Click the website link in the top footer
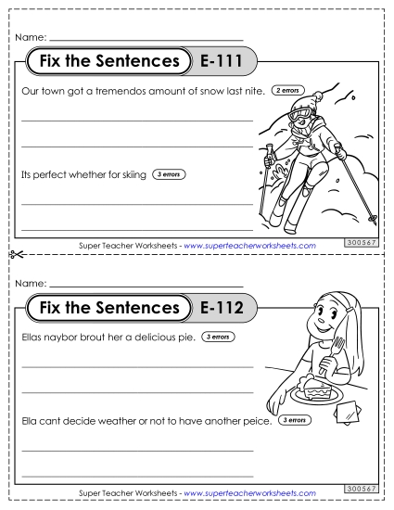coord(250,245)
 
